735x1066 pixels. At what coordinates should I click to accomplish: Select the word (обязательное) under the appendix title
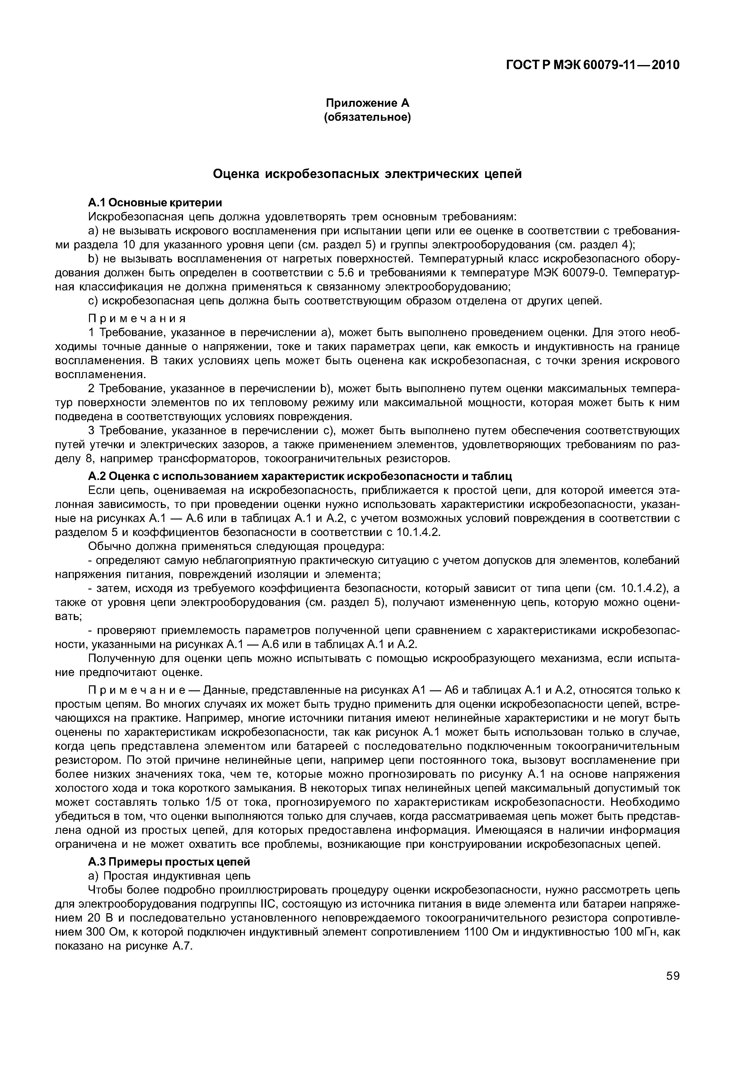coord(367,117)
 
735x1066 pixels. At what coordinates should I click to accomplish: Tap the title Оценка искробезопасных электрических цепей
coord(367,174)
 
